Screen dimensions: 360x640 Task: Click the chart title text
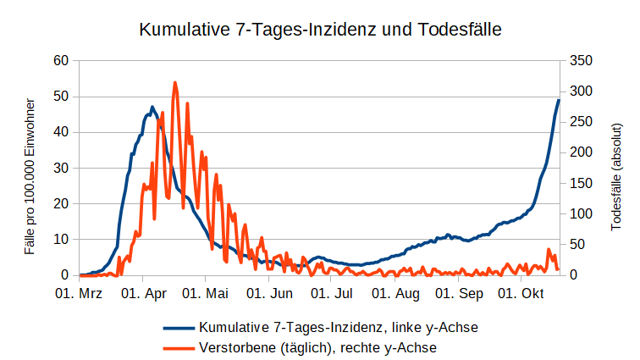click(x=320, y=30)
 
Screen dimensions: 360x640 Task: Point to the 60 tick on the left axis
click(x=60, y=60)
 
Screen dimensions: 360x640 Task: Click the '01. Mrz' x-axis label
click(x=79, y=294)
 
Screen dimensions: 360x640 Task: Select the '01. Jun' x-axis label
click(x=270, y=294)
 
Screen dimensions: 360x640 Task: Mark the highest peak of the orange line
click(x=175, y=83)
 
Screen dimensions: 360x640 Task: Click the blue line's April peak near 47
click(x=152, y=108)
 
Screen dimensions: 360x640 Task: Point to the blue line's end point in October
click(x=559, y=100)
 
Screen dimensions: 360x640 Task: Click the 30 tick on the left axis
click(x=60, y=168)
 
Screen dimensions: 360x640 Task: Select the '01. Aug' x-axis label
click(x=396, y=294)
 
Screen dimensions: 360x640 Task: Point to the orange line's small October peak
click(x=549, y=250)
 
